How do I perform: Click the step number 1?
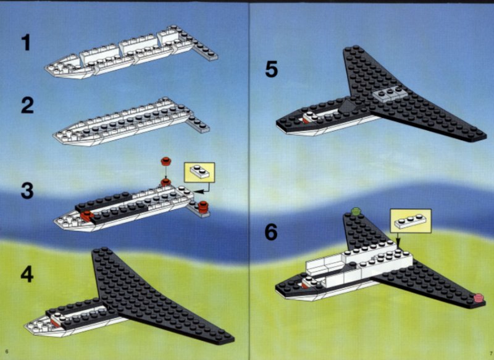coord(26,43)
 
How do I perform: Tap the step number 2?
coord(27,105)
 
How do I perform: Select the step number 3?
coord(27,190)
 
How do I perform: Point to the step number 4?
coord(27,274)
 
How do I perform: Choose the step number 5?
coord(271,69)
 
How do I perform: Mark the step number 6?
coord(271,232)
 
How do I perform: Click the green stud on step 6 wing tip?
coord(356,211)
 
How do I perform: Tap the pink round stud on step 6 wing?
coord(479,298)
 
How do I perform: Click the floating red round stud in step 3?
coord(165,162)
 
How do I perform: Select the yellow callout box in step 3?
coord(199,172)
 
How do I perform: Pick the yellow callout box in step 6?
coord(411,221)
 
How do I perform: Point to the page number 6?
coord(7,351)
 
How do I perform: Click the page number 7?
coord(491,352)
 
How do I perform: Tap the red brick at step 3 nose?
coord(86,216)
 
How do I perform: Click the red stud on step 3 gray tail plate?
coord(203,207)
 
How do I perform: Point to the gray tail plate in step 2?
coord(198,125)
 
